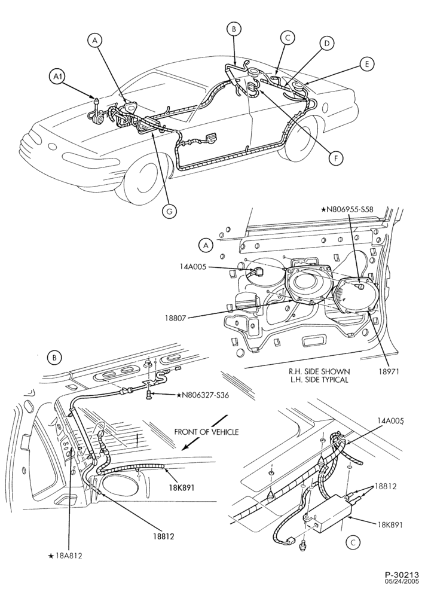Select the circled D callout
[326, 44]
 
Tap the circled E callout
[366, 64]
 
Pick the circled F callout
[336, 158]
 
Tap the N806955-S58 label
[347, 209]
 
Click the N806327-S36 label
[203, 395]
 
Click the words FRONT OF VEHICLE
[206, 432]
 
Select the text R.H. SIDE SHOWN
[319, 371]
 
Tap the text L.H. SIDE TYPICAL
[319, 380]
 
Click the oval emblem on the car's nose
[52, 147]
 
